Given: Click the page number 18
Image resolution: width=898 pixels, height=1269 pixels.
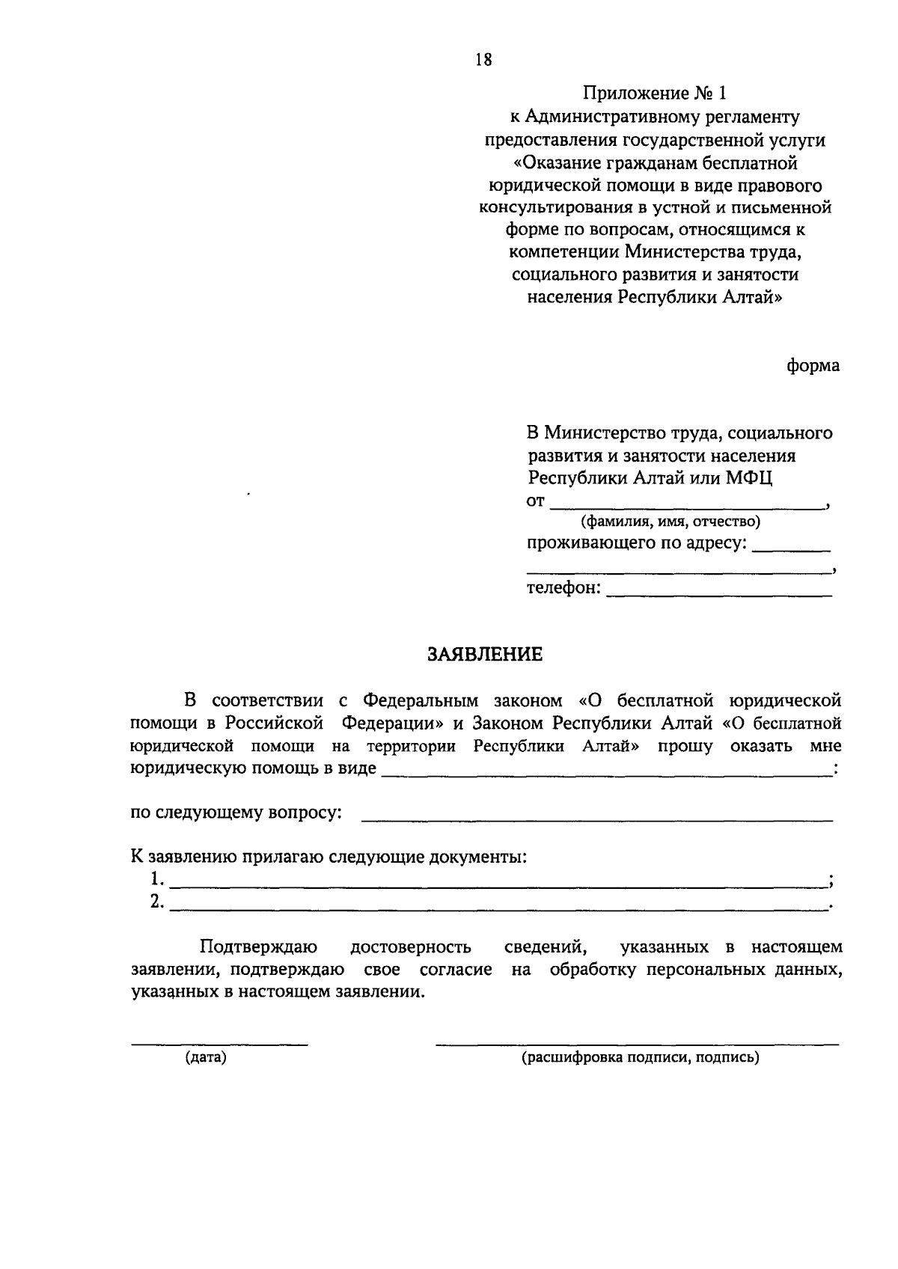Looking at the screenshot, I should point(483,60).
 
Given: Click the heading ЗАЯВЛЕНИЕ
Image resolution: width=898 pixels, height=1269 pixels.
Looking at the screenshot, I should point(484,655).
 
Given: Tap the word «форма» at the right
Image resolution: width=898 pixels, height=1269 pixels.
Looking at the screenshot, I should point(813,366).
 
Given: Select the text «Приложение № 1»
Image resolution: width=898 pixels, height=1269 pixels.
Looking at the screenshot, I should point(655,94).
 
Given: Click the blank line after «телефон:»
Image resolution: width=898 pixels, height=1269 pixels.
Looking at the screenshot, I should point(718,595).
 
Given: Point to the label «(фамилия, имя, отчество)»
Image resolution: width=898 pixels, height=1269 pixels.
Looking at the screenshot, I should point(671,522).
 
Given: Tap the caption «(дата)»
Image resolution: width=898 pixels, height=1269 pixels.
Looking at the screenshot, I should point(206,1058).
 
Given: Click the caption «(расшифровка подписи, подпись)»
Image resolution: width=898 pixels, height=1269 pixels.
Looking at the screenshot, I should point(640,1058).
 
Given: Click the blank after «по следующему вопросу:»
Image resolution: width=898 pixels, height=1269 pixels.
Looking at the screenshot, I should point(596,820).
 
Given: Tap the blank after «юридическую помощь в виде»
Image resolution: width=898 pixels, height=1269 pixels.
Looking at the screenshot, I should point(606,775).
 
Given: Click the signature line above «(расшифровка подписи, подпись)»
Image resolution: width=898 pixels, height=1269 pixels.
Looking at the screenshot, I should point(637,1043).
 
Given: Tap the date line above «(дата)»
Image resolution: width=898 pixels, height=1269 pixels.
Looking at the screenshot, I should point(219,1043).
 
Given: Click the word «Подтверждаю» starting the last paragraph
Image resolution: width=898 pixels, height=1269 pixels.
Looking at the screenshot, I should point(259,947).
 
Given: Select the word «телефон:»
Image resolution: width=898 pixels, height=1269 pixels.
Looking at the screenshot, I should point(563,588).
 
